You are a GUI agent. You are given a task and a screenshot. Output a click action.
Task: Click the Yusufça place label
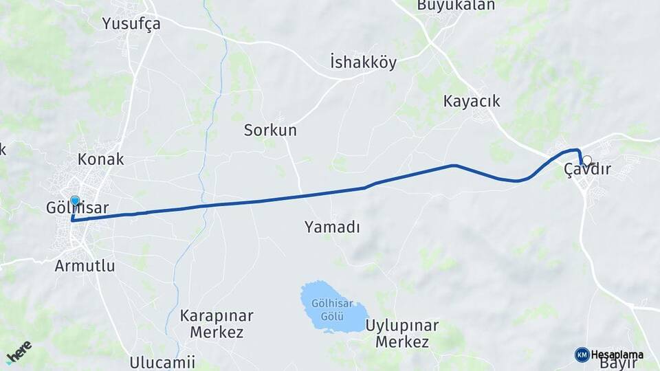(131, 23)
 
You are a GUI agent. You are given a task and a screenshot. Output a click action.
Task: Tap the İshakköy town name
(364, 63)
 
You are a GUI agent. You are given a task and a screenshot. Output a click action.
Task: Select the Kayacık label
(472, 102)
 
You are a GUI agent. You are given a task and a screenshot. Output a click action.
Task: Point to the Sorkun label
(270, 130)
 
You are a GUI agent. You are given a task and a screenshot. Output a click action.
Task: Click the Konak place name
(101, 159)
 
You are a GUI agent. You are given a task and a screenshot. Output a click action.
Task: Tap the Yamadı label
(333, 227)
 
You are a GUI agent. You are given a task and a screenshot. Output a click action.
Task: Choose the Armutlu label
(85, 266)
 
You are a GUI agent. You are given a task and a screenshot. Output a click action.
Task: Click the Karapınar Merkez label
(217, 324)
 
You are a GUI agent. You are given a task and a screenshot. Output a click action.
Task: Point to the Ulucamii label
(162, 362)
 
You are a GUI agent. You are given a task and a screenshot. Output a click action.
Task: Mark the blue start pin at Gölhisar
(75, 201)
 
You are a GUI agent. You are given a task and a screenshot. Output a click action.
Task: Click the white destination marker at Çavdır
(586, 160)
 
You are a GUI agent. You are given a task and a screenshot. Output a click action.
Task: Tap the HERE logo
(19, 352)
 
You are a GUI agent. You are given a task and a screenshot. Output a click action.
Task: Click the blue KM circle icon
(582, 355)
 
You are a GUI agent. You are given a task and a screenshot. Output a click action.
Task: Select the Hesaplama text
(617, 355)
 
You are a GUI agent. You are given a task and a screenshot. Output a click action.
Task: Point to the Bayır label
(618, 364)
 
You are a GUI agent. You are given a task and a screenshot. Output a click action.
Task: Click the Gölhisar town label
(77, 207)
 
